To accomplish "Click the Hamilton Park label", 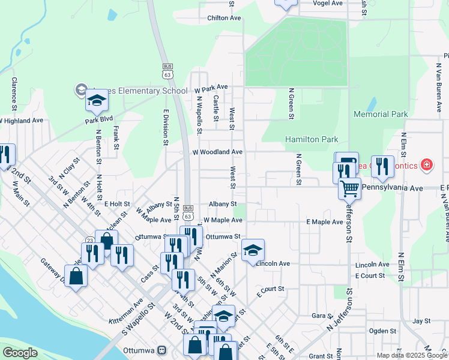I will point(312,139).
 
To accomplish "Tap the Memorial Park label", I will point(381,114).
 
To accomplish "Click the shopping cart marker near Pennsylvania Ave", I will point(349,188).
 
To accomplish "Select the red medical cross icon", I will point(426,164).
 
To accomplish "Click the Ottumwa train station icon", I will point(161,350).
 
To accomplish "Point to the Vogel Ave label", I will point(328,3).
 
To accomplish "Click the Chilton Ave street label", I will point(224,18).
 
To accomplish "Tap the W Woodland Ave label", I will point(217,152).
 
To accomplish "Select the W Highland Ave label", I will point(22,121).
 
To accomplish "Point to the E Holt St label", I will point(117,204).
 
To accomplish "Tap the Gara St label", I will point(322,315).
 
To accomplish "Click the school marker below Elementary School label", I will point(97,100).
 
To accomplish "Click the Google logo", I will point(20,353).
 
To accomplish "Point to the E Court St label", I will point(369,275).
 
